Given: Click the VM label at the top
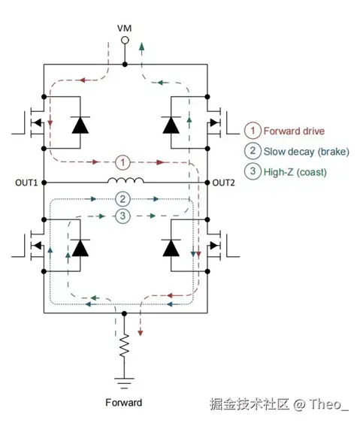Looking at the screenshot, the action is click(124, 29).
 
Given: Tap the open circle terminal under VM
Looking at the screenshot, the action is click(125, 41).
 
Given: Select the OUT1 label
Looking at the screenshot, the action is click(26, 183).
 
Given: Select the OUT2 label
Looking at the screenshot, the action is click(223, 183).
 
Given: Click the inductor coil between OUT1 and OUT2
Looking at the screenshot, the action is click(126, 180).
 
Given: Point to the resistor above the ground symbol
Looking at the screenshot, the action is click(124, 346).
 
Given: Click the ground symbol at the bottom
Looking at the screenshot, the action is click(124, 383).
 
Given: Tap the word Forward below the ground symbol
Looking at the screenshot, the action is click(123, 403).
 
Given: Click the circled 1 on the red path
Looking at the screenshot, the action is click(123, 162).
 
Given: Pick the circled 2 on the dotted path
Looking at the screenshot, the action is click(123, 199).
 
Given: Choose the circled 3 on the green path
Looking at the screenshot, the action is click(123, 216).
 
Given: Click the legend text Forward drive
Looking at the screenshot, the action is click(294, 131).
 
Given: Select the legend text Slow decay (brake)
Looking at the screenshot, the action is click(307, 151).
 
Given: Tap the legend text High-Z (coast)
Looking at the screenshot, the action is click(295, 172).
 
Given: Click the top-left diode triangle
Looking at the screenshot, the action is click(80, 125).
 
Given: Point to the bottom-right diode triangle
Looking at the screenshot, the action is click(171, 248).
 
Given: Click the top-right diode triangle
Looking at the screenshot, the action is click(171, 125).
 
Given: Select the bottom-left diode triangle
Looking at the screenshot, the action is click(80, 248).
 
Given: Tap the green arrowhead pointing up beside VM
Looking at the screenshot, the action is click(141, 47).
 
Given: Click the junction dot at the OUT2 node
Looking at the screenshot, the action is click(207, 183).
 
